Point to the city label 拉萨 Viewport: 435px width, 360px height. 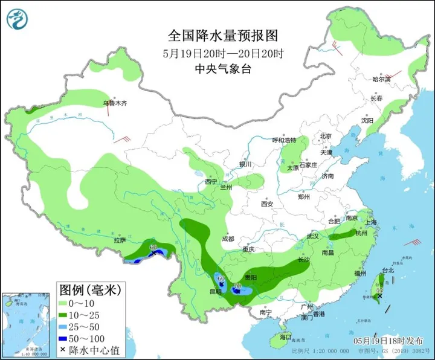(120, 240)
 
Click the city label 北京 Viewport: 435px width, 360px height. (326, 136)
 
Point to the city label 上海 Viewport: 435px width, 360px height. (371, 222)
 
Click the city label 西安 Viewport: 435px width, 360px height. (267, 204)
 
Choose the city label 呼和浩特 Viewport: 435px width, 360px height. (285, 140)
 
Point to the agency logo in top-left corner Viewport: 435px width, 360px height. (18, 19)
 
